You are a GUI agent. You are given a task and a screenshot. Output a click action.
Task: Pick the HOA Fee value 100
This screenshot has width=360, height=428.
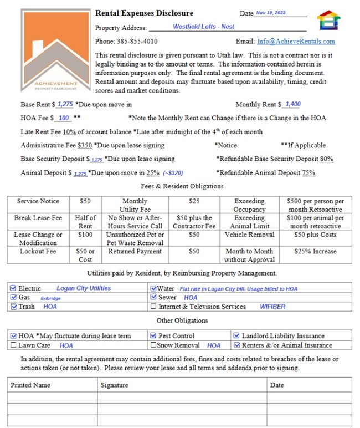pos(64,118)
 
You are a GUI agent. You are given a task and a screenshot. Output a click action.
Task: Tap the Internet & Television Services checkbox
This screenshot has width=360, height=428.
pos(153,307)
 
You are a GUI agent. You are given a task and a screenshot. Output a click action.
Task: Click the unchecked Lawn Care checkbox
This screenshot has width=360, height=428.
pos(14,345)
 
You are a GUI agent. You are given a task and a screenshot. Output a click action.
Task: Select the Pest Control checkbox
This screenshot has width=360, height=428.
pos(153,336)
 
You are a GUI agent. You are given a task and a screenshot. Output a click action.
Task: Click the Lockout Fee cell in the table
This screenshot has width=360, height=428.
pos(38,251)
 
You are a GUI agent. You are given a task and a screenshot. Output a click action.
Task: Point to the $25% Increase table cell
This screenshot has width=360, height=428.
pos(316,251)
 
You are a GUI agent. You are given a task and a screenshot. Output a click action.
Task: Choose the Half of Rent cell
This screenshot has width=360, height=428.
pos(85,222)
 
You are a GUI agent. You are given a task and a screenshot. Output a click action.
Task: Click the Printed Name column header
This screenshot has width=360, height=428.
pos(30,385)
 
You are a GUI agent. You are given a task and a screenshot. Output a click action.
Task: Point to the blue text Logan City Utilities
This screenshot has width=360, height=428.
pos(84,288)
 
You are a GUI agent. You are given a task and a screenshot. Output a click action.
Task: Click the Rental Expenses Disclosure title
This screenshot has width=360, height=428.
pos(144,13)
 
